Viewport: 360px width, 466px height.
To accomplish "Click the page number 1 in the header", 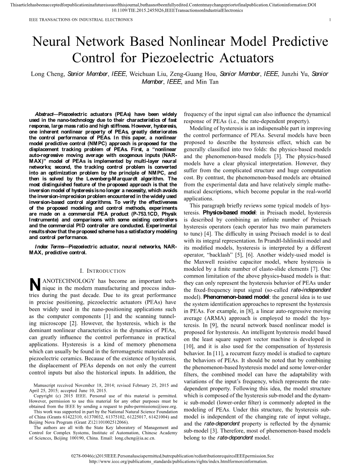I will click(x=330, y=20).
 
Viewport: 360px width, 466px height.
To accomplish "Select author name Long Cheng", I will click(x=47, y=74).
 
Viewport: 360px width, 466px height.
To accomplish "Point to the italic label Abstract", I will click(x=44, y=114).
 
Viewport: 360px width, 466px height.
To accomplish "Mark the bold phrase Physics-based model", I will click(x=224, y=213).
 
